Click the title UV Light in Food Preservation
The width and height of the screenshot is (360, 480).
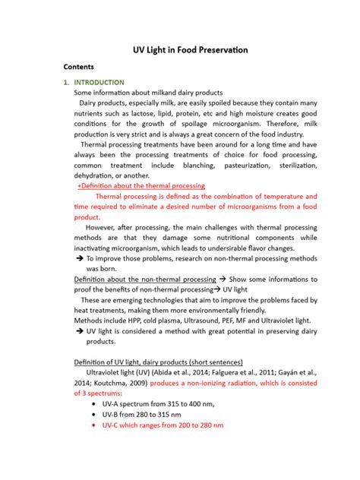tap(179, 50)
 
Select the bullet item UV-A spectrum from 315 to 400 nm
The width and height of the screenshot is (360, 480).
tap(156, 404)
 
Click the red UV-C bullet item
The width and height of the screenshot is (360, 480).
tap(163, 425)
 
